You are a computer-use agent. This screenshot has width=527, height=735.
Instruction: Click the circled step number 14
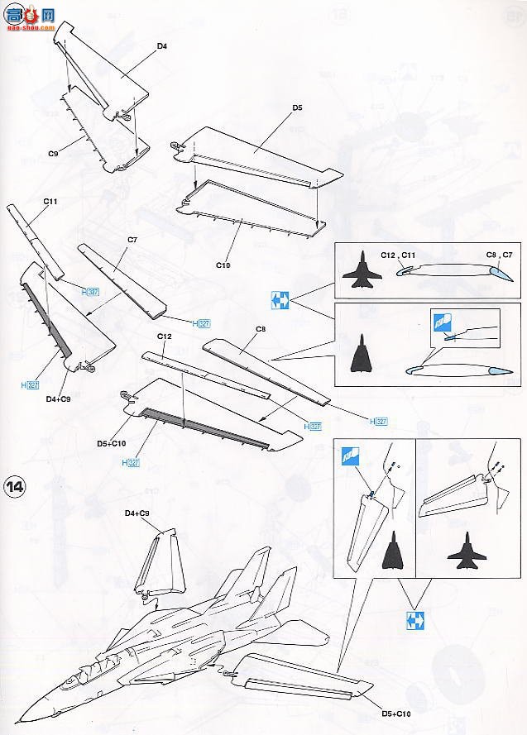pyautogui.click(x=16, y=484)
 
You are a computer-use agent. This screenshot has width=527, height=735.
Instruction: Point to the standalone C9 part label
pyautogui.click(x=52, y=154)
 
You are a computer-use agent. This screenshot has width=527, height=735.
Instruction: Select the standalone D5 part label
pyautogui.click(x=297, y=108)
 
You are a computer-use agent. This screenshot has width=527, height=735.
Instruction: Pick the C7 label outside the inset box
pyautogui.click(x=132, y=241)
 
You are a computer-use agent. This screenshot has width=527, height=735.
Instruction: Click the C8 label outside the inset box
pyautogui.click(x=260, y=329)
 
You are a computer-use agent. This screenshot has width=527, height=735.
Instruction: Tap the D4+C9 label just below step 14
pyautogui.click(x=137, y=514)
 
